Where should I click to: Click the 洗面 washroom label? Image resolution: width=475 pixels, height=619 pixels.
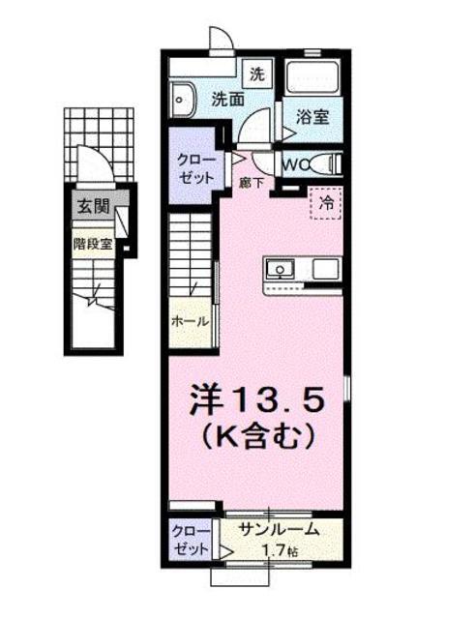pyautogui.click(x=228, y=100)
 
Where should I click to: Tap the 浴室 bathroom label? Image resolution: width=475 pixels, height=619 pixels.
pyautogui.click(x=312, y=117)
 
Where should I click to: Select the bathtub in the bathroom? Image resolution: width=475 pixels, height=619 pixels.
pyautogui.click(x=312, y=77)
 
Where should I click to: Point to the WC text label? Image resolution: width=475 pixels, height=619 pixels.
pyautogui.click(x=296, y=164)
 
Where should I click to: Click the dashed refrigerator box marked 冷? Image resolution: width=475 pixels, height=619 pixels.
pyautogui.click(x=326, y=203)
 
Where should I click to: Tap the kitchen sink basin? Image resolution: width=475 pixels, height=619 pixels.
pyautogui.click(x=280, y=270)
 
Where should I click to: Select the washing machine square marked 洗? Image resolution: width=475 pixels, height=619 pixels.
pyautogui.click(x=257, y=74)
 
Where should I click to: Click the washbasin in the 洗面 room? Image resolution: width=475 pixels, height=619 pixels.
pyautogui.click(x=184, y=100)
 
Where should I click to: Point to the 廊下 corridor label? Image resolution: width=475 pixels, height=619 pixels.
pyautogui.click(x=252, y=183)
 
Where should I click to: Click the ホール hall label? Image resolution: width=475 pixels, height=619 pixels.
pyautogui.click(x=190, y=321)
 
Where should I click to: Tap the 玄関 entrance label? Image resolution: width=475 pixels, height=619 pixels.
pyautogui.click(x=93, y=206)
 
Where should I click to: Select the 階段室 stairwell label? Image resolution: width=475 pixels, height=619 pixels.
pyautogui.click(x=93, y=245)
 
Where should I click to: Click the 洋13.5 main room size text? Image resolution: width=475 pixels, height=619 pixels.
pyautogui.click(x=257, y=399)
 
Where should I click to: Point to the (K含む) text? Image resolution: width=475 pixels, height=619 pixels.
pyautogui.click(x=258, y=437)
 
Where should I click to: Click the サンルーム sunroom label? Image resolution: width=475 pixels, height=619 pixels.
pyautogui.click(x=280, y=529)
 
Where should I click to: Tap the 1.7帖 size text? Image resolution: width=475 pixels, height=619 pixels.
pyautogui.click(x=281, y=550)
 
